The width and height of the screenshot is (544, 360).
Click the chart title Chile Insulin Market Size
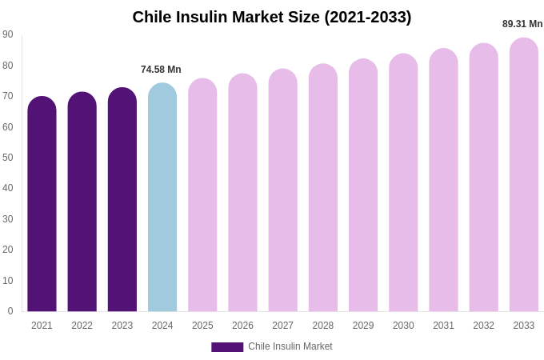[272, 17]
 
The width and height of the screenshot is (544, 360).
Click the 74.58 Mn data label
[161, 70]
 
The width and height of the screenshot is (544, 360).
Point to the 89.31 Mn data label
[522, 24]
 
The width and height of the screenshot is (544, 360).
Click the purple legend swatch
[227, 347]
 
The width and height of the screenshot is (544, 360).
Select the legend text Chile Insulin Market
[290, 346]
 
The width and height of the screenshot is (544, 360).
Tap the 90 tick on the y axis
[8, 34]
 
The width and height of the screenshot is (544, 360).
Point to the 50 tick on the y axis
[8, 158]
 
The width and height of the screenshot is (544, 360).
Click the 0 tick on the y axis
[10, 311]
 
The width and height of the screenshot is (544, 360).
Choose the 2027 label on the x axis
[282, 326]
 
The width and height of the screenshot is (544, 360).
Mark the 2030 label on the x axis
[403, 326]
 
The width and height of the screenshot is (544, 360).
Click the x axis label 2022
[82, 326]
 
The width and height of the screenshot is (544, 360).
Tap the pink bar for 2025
[202, 195]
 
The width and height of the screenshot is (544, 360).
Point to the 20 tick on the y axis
[8, 250]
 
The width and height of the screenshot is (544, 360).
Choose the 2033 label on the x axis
[524, 326]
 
